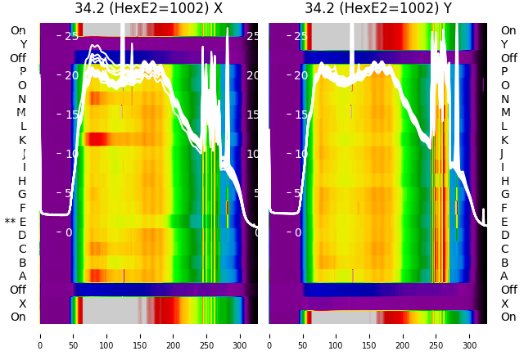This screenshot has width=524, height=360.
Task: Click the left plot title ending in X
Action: (x=148, y=8)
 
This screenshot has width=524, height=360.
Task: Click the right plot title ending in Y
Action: (x=378, y=8)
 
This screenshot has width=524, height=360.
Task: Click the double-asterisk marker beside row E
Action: (x=10, y=222)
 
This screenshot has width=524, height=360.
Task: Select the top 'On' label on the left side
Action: (x=18, y=30)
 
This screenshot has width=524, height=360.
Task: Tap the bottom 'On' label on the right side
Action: (x=508, y=317)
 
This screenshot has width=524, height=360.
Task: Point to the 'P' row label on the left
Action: (x=22, y=71)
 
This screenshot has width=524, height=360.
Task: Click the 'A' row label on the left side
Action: (x=22, y=276)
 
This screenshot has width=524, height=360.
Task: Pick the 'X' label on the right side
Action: (x=504, y=304)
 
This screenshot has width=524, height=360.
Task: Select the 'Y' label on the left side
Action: (x=23, y=44)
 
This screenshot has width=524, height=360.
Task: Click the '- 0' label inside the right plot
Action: (x=300, y=232)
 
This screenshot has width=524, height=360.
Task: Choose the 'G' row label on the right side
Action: (x=505, y=194)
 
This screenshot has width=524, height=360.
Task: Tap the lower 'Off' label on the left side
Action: (x=18, y=290)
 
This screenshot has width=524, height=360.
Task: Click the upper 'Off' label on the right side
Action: (x=508, y=58)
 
